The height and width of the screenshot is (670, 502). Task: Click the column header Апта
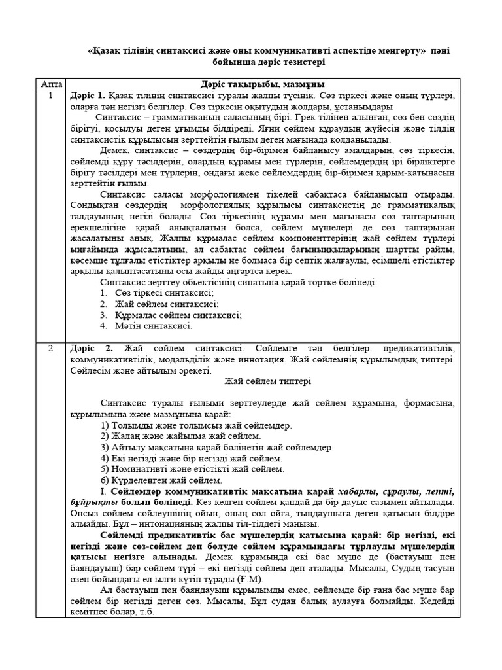50,84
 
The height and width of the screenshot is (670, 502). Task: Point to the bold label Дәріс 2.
91,348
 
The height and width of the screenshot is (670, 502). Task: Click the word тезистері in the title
297,62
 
